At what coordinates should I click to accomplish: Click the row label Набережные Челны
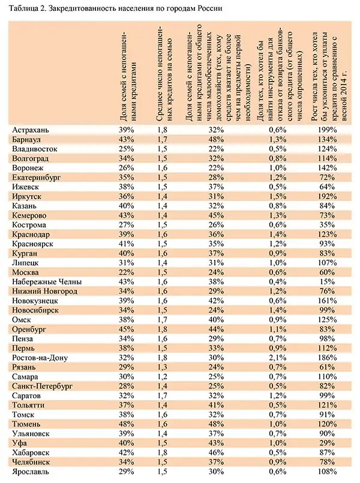[x=46, y=281]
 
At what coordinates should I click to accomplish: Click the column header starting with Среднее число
[x=166, y=72]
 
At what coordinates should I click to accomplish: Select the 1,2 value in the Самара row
[x=161, y=377]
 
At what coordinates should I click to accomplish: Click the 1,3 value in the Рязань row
[x=161, y=367]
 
